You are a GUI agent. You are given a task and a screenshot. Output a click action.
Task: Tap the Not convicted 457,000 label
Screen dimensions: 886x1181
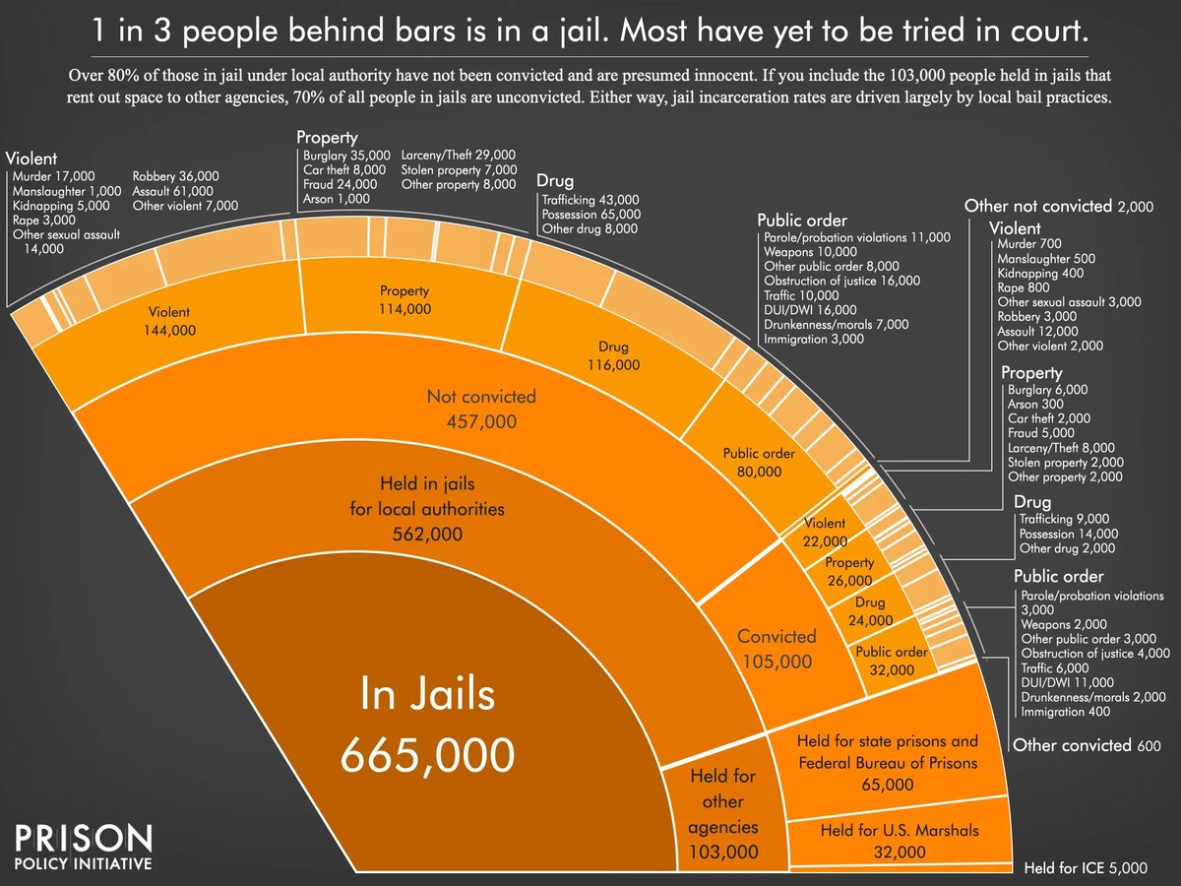481,409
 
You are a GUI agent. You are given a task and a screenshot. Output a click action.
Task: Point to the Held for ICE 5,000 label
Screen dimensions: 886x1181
1086,868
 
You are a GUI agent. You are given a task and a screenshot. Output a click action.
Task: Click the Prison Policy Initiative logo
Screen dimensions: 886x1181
84,848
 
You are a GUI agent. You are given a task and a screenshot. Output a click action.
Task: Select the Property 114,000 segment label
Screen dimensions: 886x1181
404,299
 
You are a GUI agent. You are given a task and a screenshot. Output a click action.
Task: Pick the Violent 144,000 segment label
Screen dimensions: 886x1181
170,321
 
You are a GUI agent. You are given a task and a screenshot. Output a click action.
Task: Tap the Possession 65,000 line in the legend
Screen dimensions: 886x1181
590,214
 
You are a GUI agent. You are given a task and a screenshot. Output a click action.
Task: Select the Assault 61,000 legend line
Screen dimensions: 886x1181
174,191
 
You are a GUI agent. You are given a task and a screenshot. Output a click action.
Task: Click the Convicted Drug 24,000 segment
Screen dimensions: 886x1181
868,611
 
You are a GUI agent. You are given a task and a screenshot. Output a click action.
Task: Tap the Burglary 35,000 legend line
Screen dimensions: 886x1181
346,156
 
